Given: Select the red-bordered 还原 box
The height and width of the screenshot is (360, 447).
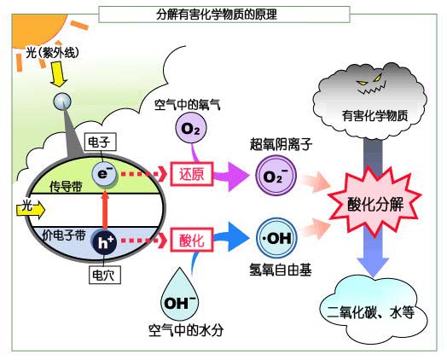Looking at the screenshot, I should [x=190, y=174].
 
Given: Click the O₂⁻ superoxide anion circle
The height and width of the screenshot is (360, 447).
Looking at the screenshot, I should [x=274, y=177].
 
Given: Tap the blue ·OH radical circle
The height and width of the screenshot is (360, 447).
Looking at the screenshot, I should [x=275, y=237].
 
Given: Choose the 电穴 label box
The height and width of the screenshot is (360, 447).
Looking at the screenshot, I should [x=103, y=275].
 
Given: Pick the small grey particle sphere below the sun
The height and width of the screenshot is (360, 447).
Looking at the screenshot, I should [x=62, y=102].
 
